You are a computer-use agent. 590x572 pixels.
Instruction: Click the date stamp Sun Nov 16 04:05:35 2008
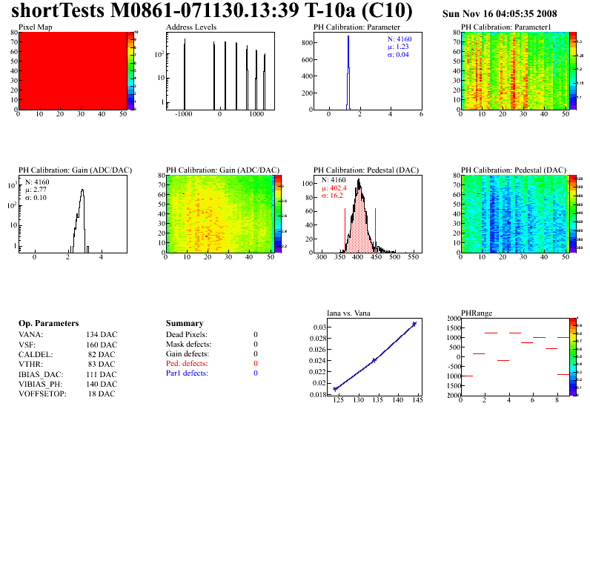pyautogui.click(x=500, y=14)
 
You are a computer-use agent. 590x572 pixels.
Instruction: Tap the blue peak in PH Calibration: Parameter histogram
pyautogui.click(x=348, y=59)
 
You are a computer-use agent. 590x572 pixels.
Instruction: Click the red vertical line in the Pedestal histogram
pyautogui.click(x=375, y=230)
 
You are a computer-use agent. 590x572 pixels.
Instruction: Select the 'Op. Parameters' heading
pyautogui.click(x=48, y=324)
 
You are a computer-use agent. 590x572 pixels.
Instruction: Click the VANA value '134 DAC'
pyautogui.click(x=102, y=335)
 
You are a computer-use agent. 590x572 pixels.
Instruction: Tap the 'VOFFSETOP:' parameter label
pyautogui.click(x=42, y=393)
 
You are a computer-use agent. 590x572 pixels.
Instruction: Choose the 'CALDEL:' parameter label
pyautogui.click(x=35, y=354)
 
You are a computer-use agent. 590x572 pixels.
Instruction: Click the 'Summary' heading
pyautogui.click(x=185, y=324)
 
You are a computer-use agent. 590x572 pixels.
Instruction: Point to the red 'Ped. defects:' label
pyautogui.click(x=188, y=364)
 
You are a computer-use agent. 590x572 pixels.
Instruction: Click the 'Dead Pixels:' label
pyautogui.click(x=187, y=335)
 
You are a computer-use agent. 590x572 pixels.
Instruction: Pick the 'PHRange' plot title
pyautogui.click(x=476, y=313)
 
